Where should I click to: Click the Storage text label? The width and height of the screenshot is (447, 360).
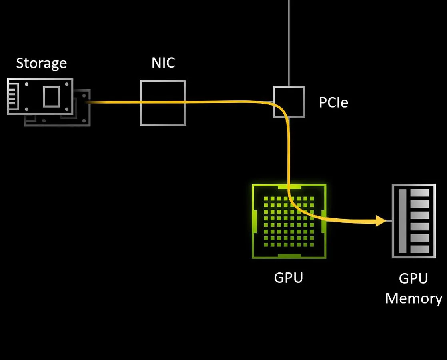tap(41, 63)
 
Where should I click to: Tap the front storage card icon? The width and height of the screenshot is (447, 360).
tap(40, 96)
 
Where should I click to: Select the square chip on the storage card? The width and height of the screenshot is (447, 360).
tap(51, 97)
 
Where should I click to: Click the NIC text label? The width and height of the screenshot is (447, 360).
tap(163, 63)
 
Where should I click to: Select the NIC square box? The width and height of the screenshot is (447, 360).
tap(163, 103)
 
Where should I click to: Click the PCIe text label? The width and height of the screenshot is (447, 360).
tap(333, 103)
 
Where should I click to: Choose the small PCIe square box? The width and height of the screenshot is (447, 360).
tap(289, 102)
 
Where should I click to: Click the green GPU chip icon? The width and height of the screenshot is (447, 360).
tap(289, 221)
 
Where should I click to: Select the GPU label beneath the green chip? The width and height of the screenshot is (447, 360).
tap(288, 277)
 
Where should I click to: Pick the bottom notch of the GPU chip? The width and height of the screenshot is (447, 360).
tap(289, 256)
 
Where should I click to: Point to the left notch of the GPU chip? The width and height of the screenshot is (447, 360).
tap(254, 221)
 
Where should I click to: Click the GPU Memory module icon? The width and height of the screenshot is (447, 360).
tap(413, 221)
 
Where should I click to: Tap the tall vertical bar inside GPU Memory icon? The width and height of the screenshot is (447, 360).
tap(403, 221)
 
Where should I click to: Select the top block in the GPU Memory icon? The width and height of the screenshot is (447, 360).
tap(419, 193)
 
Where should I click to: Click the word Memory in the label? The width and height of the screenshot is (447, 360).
tap(413, 298)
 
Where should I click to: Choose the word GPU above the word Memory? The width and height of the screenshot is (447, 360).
tap(413, 278)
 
